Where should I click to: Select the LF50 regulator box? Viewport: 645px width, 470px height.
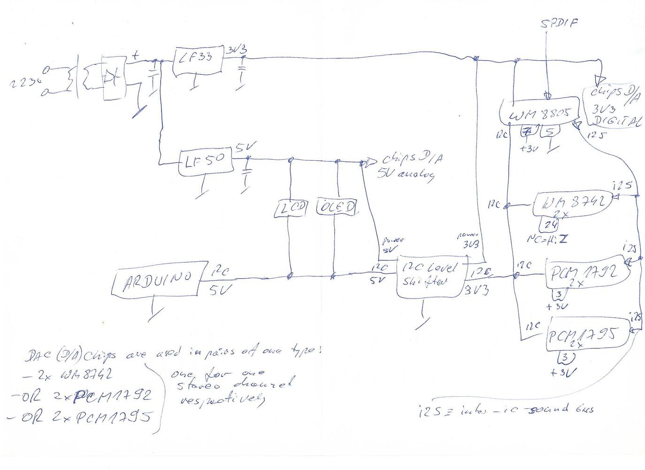point(205,163)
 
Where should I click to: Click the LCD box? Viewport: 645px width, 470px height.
point(291,208)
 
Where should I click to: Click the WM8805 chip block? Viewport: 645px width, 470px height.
point(540,113)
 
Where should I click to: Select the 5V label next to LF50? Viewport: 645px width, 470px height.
point(243,149)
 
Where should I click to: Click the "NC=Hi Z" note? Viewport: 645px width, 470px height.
point(547,239)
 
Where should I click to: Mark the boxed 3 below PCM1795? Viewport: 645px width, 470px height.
point(566,358)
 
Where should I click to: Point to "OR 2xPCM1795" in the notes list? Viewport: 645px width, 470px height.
point(82,416)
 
